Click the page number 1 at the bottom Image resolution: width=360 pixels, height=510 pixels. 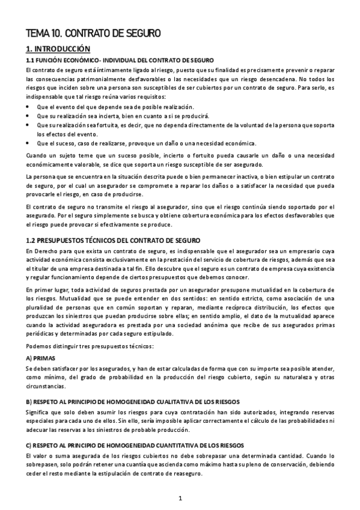point(180,499)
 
